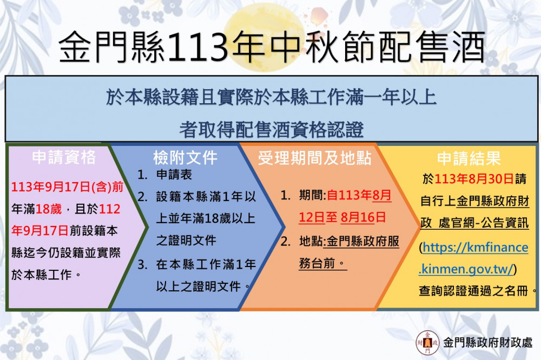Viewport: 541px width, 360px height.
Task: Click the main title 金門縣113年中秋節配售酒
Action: [x=272, y=47]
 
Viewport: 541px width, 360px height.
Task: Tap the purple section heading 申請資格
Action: [x=64, y=157]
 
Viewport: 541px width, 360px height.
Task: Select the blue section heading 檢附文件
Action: [x=185, y=158]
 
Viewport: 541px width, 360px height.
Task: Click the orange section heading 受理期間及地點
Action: [x=314, y=158]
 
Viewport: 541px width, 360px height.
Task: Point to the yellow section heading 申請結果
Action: [x=469, y=158]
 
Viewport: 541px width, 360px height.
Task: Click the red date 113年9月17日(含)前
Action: [x=67, y=187]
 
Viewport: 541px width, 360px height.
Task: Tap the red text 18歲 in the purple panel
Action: [x=49, y=209]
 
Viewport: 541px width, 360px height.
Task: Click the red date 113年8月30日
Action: [x=474, y=178]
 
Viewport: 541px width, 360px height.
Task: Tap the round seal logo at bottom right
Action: [x=427, y=342]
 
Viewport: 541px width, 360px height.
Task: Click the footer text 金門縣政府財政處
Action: [x=488, y=342]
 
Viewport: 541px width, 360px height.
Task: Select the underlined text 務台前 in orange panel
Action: [x=317, y=263]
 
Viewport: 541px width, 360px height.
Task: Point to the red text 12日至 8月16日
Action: [x=342, y=217]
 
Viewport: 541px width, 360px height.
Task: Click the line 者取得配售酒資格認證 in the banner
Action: [x=271, y=130]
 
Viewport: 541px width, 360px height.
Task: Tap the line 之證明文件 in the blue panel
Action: [x=186, y=241]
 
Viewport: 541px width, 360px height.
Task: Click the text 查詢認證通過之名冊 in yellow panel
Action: [x=473, y=291]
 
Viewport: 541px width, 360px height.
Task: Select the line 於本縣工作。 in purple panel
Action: [x=46, y=275]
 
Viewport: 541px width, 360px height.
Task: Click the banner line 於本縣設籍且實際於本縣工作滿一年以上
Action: [x=271, y=97]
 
